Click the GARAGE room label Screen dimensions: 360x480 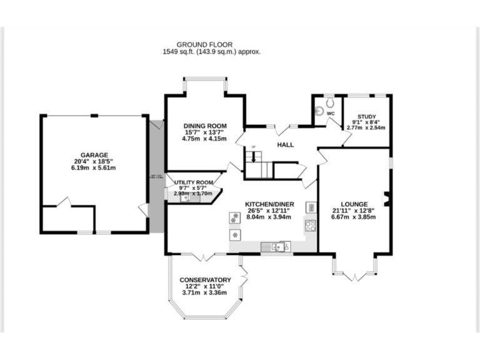coord(94,154)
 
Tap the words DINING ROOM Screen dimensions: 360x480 coord(204,126)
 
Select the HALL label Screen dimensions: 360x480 coord(286,145)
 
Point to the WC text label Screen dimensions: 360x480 coord(331,113)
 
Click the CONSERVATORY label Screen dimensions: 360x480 coord(205,279)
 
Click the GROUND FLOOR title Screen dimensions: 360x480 coord(204,44)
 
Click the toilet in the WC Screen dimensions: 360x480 coord(330,102)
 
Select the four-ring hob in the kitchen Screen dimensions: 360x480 coord(311,225)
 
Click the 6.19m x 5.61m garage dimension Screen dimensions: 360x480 coord(94,168)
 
